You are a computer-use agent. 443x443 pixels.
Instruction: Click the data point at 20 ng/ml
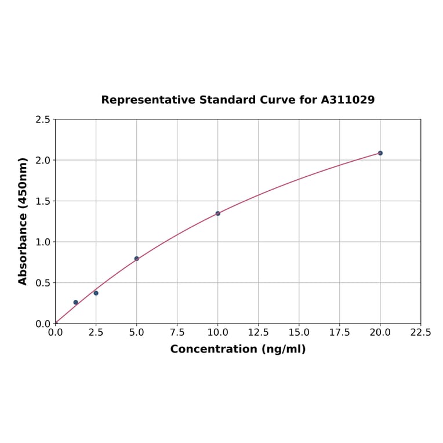380,153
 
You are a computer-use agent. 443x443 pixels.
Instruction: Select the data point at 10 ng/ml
217,213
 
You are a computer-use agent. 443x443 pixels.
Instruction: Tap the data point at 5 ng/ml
136,259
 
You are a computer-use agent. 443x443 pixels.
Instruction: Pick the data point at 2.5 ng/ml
96,293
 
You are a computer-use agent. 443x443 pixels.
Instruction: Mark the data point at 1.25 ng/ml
75,302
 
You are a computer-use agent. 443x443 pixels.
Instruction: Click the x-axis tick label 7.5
177,333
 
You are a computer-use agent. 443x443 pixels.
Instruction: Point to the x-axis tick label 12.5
258,333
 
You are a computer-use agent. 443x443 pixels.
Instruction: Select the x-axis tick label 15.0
299,333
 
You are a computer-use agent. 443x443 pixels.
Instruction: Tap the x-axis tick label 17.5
339,333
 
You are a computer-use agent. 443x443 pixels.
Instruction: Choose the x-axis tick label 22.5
420,333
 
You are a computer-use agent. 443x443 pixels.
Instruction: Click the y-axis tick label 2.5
43,119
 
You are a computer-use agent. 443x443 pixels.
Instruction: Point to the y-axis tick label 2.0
43,160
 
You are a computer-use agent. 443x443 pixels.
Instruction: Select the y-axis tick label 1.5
43,201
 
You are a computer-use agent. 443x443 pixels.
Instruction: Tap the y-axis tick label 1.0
43,242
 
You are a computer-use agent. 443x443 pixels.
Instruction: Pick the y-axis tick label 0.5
43,283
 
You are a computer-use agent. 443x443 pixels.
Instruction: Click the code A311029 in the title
347,100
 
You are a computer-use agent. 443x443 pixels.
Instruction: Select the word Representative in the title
148,100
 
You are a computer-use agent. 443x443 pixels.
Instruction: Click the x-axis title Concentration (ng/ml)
238,349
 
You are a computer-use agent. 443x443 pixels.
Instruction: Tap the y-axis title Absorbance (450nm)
23,221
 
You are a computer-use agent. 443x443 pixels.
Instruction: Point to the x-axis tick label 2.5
96,333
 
